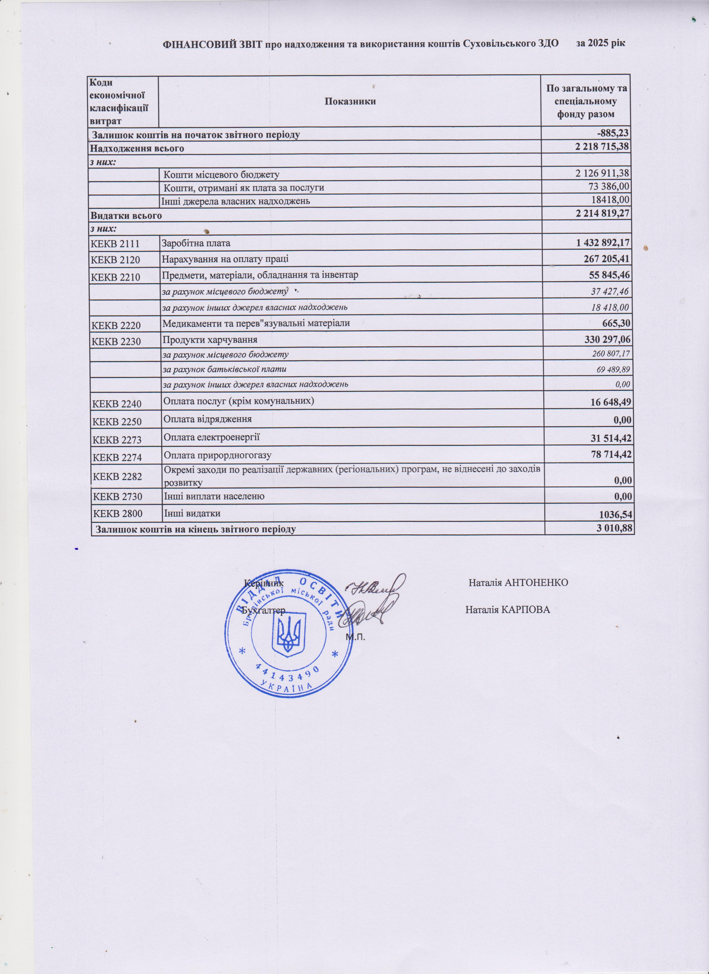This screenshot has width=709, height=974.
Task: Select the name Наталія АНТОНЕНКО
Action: [519, 583]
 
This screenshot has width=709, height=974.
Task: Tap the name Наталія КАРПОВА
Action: [508, 610]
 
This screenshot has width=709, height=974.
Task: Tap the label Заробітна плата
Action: [196, 243]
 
